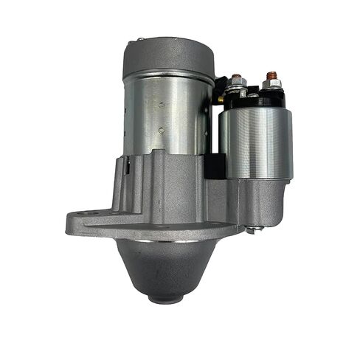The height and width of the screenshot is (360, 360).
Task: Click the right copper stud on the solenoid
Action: [271, 75]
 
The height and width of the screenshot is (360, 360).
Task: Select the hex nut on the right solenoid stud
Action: [271, 84]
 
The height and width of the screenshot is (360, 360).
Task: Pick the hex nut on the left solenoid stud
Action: [237, 86]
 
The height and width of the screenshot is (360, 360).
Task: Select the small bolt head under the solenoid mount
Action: [251, 230]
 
